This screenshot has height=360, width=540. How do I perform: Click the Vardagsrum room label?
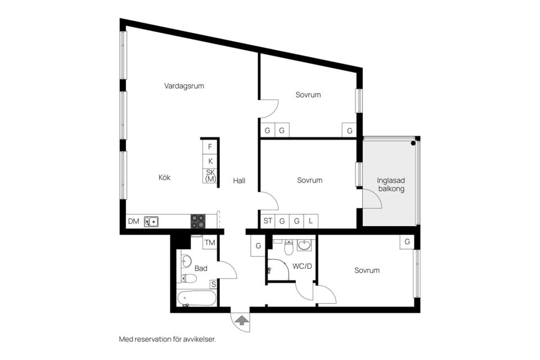[184, 86]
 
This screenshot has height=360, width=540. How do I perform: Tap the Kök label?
[164, 177]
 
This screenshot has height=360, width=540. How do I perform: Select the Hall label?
[239, 181]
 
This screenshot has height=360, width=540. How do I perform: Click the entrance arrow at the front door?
[241, 321]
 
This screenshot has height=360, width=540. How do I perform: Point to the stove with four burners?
[198, 222]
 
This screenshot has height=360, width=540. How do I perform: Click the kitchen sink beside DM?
[151, 222]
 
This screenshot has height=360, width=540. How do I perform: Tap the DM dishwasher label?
[133, 222]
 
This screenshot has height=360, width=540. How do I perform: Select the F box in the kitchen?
[210, 147]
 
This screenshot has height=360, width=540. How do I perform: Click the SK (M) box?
[210, 175]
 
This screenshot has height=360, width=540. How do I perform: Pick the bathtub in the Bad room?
[196, 298]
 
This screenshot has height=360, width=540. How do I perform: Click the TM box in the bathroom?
[210, 243]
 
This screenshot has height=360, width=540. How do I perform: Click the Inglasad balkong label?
[390, 185]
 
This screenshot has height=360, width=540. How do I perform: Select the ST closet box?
[267, 221]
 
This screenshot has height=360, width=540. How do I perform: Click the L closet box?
[310, 221]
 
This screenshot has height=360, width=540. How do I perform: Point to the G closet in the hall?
[258, 246]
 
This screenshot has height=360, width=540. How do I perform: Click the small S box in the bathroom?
[213, 285]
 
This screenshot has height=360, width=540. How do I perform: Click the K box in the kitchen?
[210, 161]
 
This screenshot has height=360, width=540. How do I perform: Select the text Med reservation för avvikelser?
[167, 339]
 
